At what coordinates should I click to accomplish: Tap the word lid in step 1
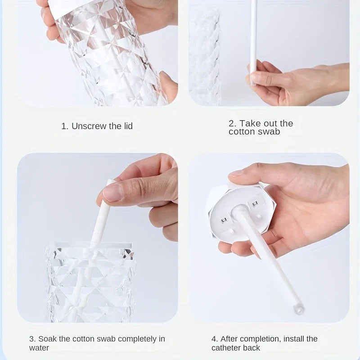(128, 126)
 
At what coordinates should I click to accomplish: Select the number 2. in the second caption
(233, 123)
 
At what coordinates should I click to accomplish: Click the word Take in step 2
(248, 123)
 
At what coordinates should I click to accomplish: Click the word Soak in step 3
(47, 339)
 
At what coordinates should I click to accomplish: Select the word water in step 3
(39, 348)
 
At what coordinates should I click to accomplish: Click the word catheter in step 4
(227, 348)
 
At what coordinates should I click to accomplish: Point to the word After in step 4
(230, 339)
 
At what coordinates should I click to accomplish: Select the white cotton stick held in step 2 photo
(254, 36)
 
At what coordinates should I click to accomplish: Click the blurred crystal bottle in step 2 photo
(205, 54)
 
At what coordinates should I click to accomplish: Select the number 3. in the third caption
(32, 339)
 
